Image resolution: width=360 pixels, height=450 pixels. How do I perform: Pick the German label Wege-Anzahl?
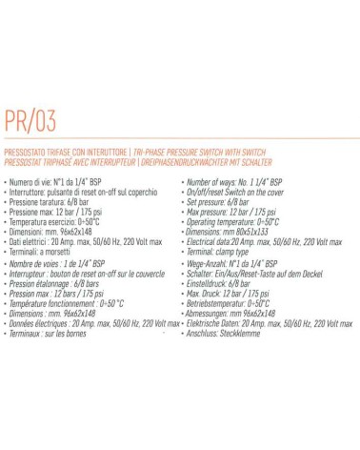click(x=212, y=261)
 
